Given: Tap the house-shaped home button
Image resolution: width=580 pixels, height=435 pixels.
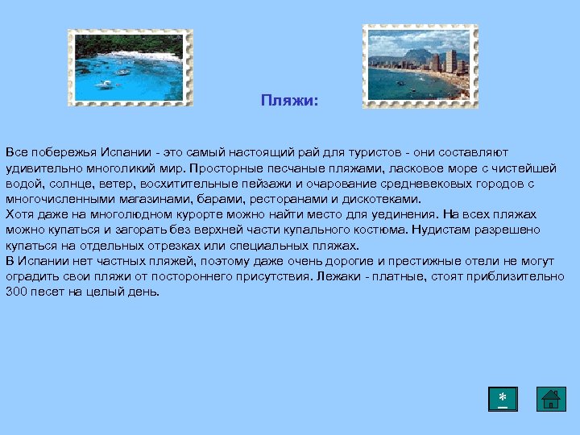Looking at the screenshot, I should pos(551,399).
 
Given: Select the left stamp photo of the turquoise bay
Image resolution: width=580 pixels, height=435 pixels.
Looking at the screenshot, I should pos(130,68).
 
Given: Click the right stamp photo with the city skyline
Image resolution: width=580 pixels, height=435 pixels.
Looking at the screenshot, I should pos(420,65).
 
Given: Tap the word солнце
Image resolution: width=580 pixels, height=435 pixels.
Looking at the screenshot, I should pos(64,183).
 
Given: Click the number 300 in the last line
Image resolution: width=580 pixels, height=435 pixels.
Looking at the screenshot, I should pos(16,291).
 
